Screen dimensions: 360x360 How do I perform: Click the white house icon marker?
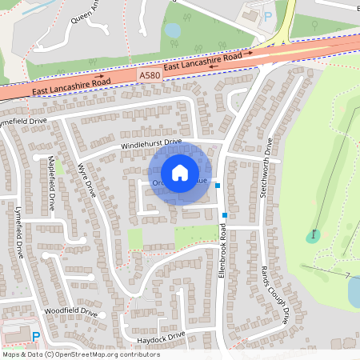point(180,173)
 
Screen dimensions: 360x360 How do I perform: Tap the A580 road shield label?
point(148,75)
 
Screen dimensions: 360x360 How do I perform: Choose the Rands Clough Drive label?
point(274,293)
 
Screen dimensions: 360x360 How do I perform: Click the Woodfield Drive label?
point(70,312)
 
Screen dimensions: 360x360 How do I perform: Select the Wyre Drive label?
point(86,182)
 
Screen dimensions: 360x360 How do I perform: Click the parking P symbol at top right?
point(269,15)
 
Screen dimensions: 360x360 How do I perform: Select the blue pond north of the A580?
point(173,30)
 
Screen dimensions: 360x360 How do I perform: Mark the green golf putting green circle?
point(313,236)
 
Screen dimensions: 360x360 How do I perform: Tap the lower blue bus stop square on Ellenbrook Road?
point(225,214)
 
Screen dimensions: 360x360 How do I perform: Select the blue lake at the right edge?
point(354,291)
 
